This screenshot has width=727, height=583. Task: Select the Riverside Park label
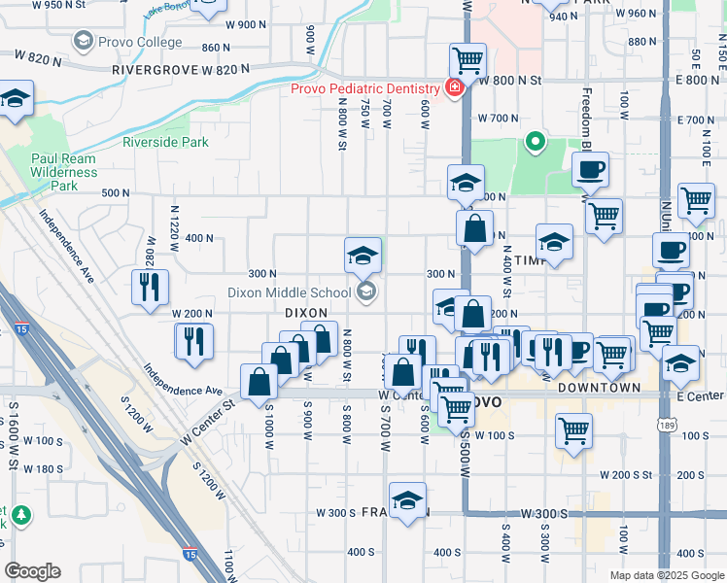pyautogui.click(x=165, y=142)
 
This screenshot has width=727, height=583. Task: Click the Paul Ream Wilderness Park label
pyautogui.click(x=64, y=172)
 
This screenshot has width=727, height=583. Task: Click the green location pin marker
pyautogui.click(x=534, y=144)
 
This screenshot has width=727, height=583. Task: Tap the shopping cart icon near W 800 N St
pyautogui.click(x=467, y=60)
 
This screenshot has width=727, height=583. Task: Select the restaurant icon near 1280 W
pyautogui.click(x=150, y=287)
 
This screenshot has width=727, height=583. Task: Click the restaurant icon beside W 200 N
pyautogui.click(x=193, y=340)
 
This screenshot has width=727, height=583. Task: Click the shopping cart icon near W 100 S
pyautogui.click(x=574, y=429)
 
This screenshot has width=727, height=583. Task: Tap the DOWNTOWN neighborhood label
pyautogui.click(x=599, y=388)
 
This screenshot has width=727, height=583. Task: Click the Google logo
pyautogui.click(x=32, y=571)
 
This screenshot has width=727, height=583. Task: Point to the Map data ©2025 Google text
pyautogui.click(x=666, y=575)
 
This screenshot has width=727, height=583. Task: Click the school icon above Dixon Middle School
pyautogui.click(x=363, y=256)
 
